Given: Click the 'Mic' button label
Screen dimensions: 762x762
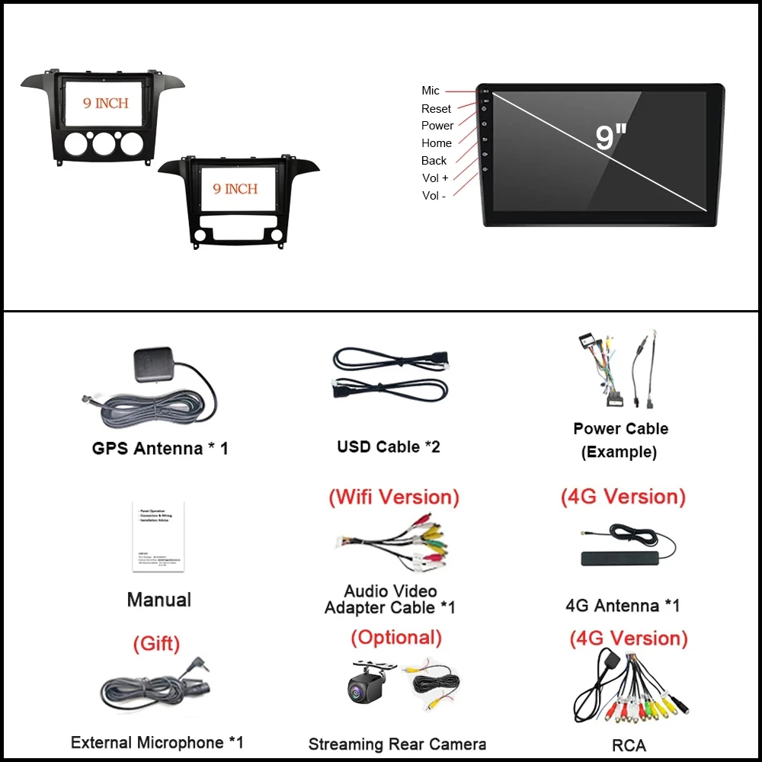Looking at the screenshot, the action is coord(431,91).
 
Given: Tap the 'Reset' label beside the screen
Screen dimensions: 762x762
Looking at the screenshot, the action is coord(436,109).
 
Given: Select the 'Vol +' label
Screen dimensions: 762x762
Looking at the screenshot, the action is coord(435,178).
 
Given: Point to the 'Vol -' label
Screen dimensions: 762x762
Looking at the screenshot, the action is coord(434,196).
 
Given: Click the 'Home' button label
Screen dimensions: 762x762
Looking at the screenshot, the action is coord(437,143).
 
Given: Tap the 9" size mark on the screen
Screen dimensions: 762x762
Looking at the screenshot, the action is coord(610,138).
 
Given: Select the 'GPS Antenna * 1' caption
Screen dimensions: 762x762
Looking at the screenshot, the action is coord(160,448).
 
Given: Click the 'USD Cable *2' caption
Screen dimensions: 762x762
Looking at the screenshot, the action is coord(389,447).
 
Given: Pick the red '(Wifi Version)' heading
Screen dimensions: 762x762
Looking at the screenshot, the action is coord(394,498).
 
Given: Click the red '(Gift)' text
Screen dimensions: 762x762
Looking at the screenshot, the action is coord(156,644).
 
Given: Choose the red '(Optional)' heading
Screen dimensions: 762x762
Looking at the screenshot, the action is coord(396,637).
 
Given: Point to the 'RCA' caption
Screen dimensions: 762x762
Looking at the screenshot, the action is coord(629,745).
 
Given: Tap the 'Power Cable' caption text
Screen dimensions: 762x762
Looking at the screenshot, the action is coord(620,429).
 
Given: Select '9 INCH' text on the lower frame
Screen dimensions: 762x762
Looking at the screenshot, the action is coord(235,189).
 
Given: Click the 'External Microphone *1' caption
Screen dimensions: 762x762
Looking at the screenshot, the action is coord(157,742).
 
